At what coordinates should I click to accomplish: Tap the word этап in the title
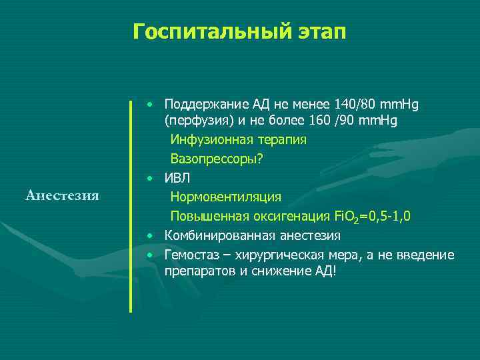pyautogui.click(x=318, y=31)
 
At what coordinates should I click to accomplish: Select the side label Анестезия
pyautogui.click(x=62, y=195)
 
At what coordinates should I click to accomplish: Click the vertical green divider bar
pyautogui.click(x=131, y=206)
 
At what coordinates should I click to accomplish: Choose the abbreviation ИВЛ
pyautogui.click(x=177, y=178)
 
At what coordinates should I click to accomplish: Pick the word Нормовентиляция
pyautogui.click(x=225, y=197)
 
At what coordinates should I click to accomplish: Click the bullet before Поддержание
pyautogui.click(x=152, y=104)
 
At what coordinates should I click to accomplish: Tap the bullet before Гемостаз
pyautogui.click(x=152, y=255)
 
